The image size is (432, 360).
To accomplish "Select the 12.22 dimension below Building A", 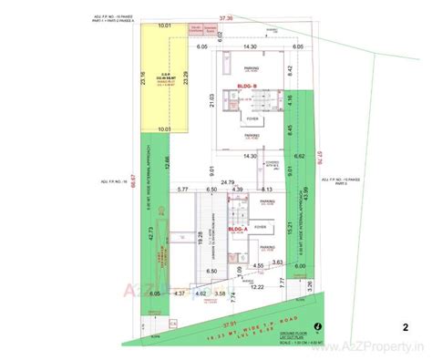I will coord(258,287).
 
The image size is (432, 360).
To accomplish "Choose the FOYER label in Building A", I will coord(260,225).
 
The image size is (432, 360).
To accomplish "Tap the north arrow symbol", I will coord(315,325).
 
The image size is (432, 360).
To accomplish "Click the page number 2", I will coord(405,325).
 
